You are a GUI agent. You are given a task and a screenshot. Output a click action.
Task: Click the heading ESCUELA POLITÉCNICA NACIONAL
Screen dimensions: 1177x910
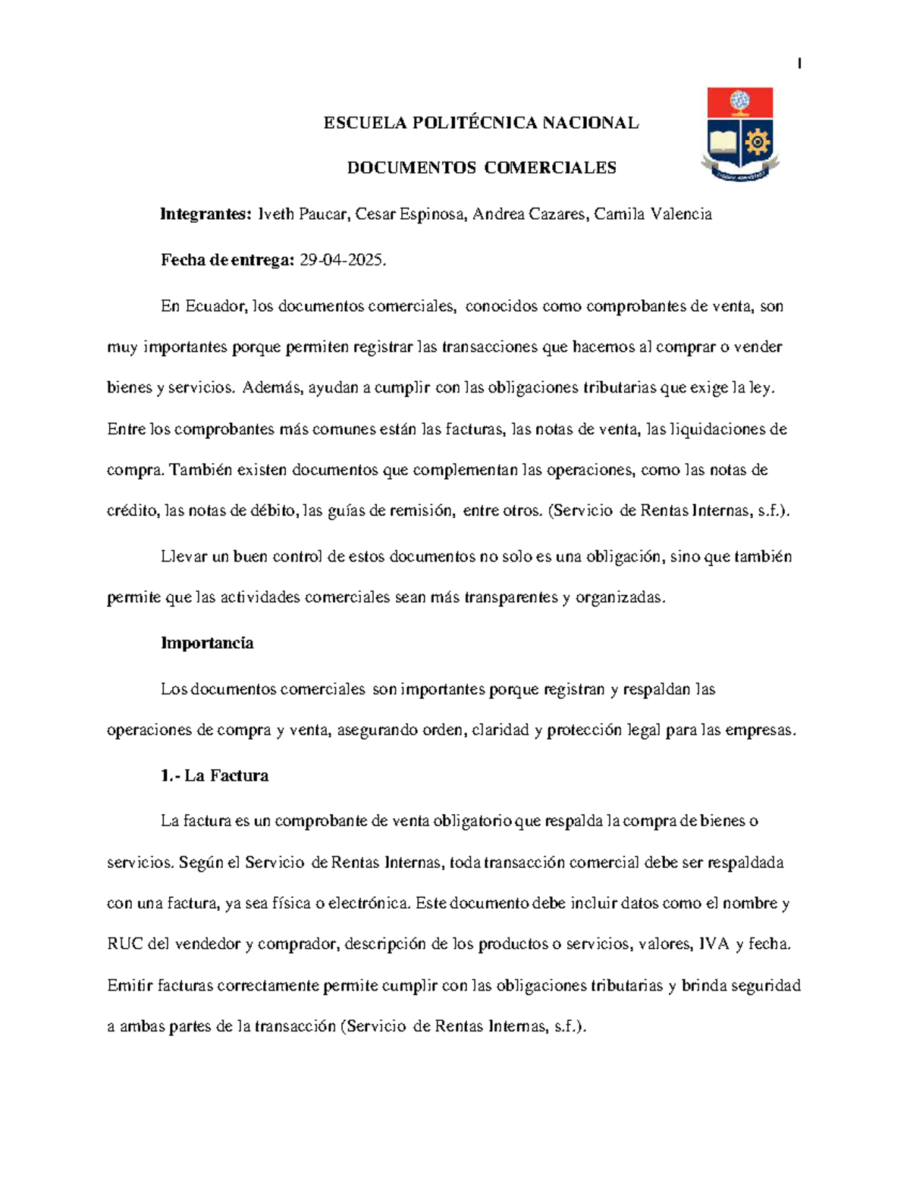481,123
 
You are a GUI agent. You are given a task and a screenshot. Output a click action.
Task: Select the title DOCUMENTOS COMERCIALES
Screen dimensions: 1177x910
482,168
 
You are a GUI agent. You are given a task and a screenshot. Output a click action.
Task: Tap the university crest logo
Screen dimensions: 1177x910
740,134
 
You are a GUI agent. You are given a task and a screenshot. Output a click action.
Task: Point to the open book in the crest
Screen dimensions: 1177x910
723,142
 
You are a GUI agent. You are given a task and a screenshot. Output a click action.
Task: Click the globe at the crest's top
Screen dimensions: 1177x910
739,100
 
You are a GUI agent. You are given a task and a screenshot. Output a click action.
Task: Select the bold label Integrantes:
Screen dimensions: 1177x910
205,214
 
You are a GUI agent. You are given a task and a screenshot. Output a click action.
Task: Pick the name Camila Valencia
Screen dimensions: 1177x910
653,214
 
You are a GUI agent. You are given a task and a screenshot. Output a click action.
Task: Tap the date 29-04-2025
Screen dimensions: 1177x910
343,261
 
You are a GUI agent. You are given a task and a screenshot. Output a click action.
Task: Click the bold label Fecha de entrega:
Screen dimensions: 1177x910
227,261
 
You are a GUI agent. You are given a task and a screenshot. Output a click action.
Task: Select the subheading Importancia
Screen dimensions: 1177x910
207,643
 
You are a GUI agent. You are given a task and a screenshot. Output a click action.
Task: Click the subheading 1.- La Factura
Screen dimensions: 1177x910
215,776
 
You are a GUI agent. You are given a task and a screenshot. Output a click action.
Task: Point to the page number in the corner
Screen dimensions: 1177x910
799,64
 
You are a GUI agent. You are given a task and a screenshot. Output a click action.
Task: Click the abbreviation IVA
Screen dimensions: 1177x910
714,944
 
